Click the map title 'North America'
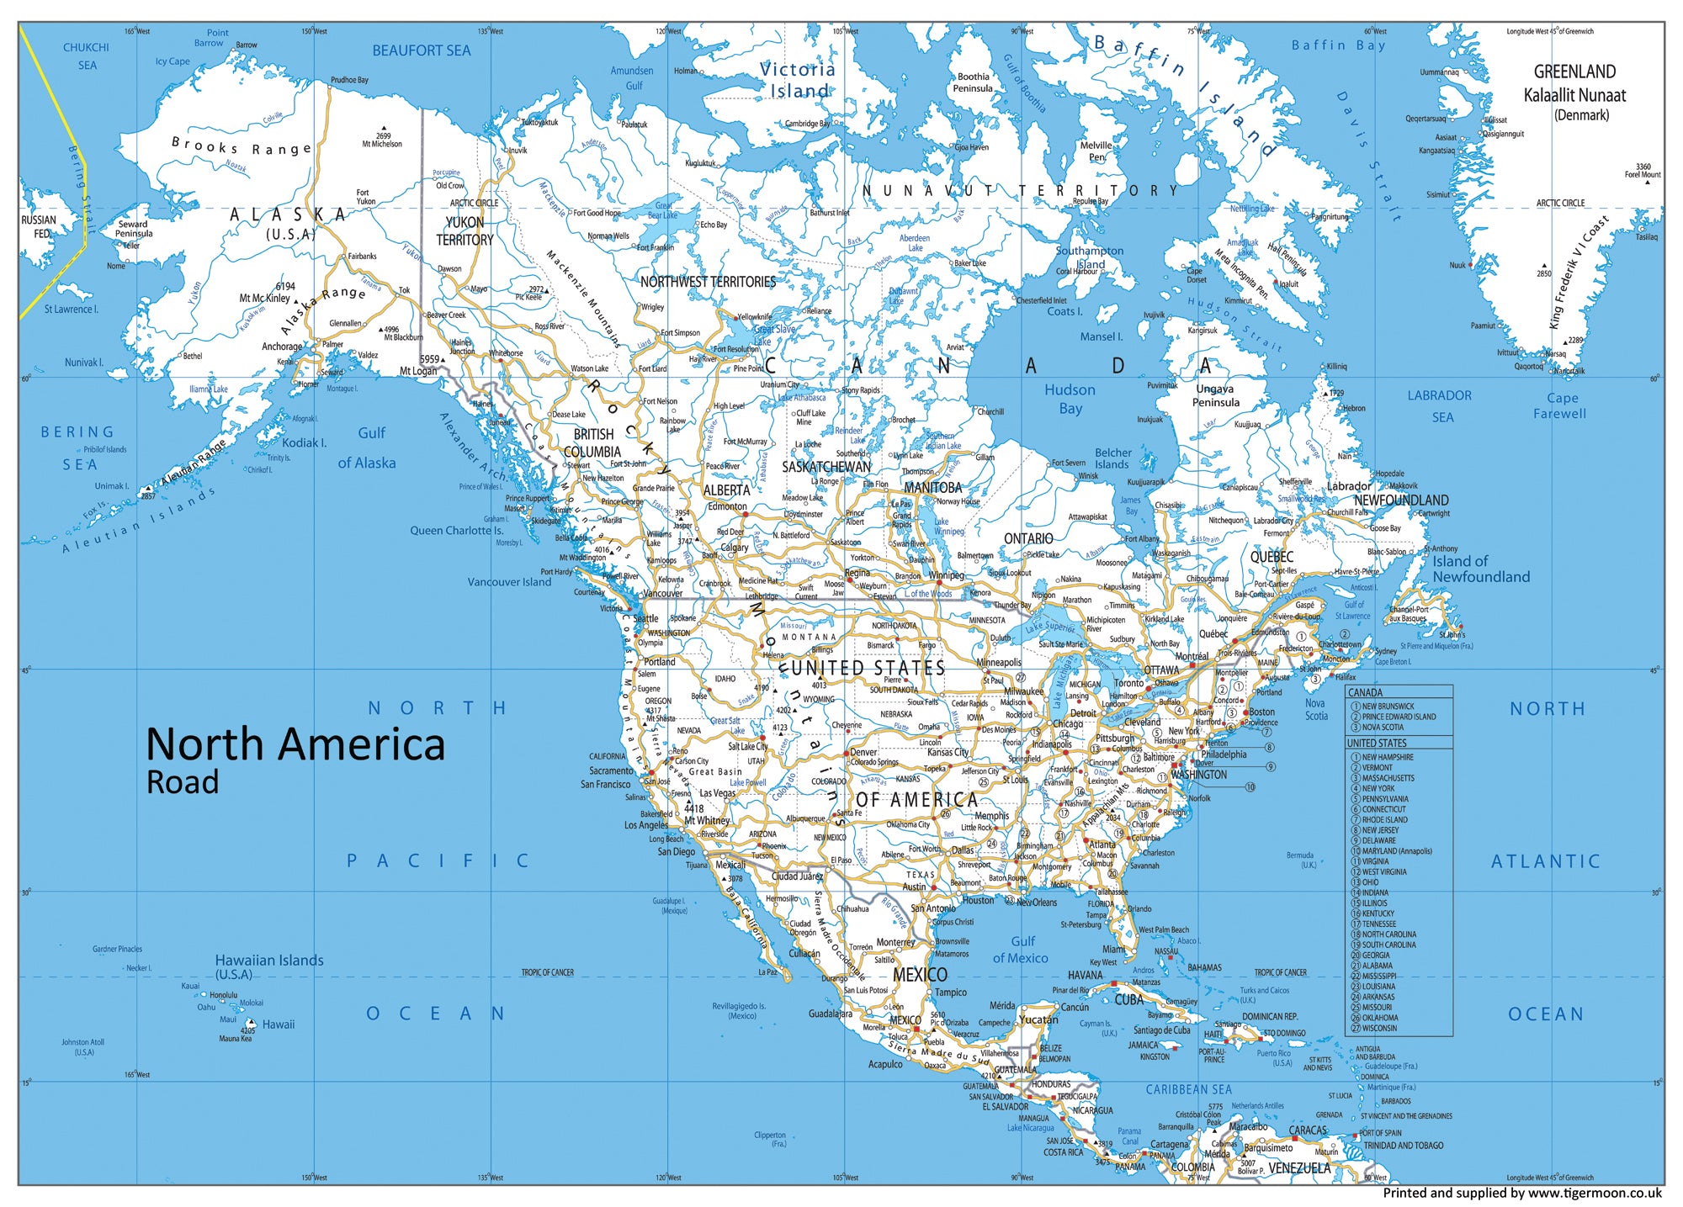[295, 744]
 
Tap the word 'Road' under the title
[183, 782]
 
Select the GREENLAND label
[1574, 72]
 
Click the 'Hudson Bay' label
[1070, 399]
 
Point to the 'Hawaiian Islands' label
[269, 961]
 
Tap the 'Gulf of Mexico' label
[1021, 950]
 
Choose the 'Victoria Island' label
[798, 80]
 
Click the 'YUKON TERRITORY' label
[465, 231]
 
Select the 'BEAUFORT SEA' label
[422, 50]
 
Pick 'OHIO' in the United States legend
[1370, 882]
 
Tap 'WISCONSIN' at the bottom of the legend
[1379, 1028]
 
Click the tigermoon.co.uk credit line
[1522, 1193]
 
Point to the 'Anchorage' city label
[282, 347]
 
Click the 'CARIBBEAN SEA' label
[1188, 1089]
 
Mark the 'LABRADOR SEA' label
[1440, 405]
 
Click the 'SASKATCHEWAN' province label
[826, 467]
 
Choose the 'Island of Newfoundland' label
[1481, 569]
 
